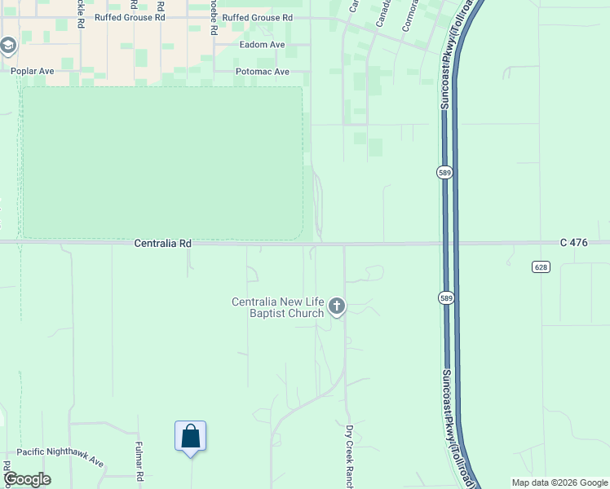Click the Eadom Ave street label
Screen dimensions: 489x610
pos(261,45)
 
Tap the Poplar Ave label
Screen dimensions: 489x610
pos(33,72)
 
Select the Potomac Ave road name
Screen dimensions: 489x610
pos(262,72)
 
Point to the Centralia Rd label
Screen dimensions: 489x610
pos(163,244)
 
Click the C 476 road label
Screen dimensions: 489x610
pos(573,244)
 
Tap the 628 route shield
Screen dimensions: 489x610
pos(541,267)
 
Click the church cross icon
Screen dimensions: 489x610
pos(336,307)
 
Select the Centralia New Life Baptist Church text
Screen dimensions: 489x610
pos(278,307)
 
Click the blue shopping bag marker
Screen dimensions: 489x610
pos(190,436)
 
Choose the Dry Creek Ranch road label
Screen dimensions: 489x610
pos(349,456)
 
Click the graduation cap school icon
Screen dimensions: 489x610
pos(8,46)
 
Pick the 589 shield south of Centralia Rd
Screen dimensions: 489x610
pos(444,297)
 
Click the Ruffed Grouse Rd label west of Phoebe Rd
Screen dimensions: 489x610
pos(130,17)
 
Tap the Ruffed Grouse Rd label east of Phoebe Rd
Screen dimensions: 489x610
pos(257,17)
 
